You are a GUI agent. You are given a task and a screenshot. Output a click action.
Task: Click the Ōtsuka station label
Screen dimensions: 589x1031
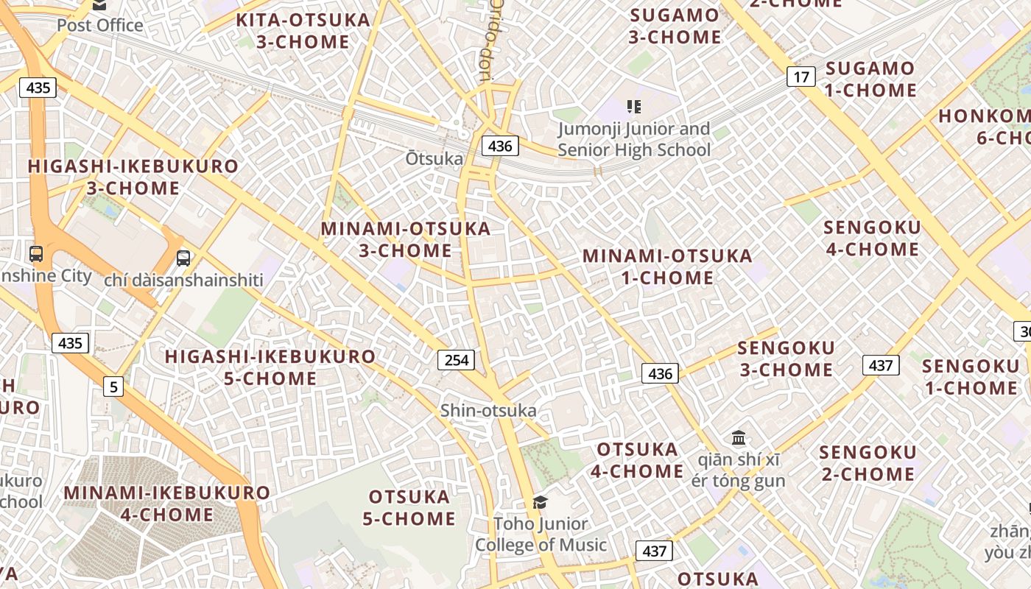click(434, 158)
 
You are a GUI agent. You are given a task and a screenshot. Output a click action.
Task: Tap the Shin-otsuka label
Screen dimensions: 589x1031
click(488, 410)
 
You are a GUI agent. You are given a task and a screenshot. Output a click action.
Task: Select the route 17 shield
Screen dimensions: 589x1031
click(801, 76)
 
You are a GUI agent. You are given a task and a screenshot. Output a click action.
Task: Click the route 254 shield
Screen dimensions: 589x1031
click(457, 360)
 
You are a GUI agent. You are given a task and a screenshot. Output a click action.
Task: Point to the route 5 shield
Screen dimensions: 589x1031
click(113, 386)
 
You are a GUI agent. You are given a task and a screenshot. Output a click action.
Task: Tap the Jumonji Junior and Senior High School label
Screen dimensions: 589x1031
click(634, 139)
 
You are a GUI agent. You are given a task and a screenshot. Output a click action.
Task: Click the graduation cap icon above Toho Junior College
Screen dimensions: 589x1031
click(541, 502)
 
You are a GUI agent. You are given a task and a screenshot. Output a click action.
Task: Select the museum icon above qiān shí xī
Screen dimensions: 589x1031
click(739, 438)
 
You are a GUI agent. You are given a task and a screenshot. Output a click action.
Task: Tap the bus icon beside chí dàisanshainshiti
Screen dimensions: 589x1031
click(183, 258)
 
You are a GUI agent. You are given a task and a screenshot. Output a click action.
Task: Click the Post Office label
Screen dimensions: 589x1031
click(100, 25)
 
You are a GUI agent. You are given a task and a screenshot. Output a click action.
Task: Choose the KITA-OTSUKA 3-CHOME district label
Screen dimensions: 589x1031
click(303, 31)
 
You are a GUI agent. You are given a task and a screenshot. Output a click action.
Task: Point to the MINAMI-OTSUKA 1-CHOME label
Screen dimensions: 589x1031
click(668, 267)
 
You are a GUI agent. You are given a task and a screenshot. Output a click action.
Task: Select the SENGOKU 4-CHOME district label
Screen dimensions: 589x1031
click(873, 238)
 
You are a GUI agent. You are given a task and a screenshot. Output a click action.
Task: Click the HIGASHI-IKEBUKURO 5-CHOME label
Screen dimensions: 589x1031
click(270, 367)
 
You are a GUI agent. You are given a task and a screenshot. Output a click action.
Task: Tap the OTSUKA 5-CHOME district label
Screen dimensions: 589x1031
click(409, 507)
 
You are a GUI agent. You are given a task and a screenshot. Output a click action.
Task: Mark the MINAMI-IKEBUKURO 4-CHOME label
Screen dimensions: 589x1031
click(167, 503)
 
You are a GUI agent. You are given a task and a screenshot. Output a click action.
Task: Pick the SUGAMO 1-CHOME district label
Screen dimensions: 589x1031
click(870, 80)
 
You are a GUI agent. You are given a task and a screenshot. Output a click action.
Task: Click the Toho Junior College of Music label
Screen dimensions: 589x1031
click(541, 535)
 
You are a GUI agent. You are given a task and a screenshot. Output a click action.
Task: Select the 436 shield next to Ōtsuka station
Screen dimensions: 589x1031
click(500, 146)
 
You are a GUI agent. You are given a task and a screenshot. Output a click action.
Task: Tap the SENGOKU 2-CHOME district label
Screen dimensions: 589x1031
click(868, 462)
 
